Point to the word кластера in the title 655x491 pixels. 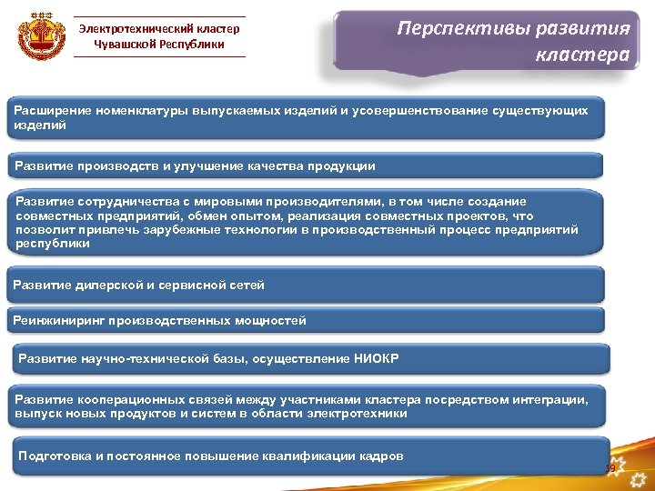click(x=581, y=55)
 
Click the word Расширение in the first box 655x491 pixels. click(x=50, y=110)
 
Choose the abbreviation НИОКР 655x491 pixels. click(x=375, y=358)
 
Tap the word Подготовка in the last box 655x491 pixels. click(x=55, y=456)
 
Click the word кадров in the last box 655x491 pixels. click(x=383, y=456)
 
